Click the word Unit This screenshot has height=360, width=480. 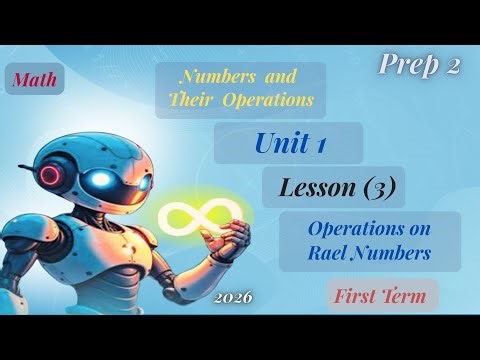[x=279, y=143]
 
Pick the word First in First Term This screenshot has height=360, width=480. [x=358, y=296]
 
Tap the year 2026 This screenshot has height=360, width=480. [x=232, y=298]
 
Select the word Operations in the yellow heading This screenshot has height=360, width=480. [x=272, y=99]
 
